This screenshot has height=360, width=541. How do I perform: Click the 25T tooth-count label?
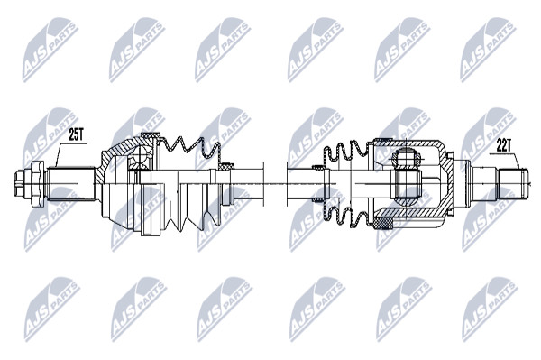coord(76,134)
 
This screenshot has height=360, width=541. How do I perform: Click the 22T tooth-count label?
coord(503,146)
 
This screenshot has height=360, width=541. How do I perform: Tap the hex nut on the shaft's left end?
coord(37,184)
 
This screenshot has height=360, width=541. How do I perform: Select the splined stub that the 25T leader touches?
coord(71,184)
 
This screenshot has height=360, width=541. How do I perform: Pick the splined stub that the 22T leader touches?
coord(512,183)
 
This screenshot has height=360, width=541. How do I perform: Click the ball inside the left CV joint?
coord(141,156)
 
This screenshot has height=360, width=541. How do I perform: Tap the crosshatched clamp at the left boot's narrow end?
coord(225,167)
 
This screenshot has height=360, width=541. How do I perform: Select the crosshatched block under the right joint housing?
coord(383,224)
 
